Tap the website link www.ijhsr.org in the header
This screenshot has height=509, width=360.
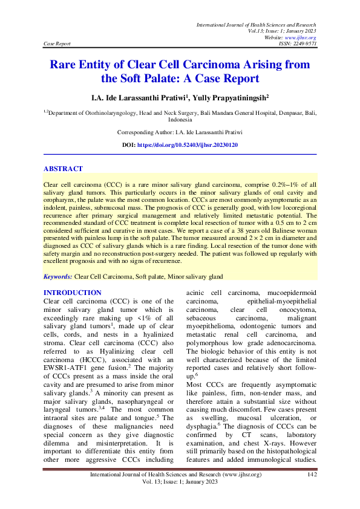coord(304,37)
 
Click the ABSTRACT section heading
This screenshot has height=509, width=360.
coord(64,169)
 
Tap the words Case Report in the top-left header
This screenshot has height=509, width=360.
coord(57,44)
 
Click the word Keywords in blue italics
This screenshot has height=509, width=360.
coord(57,276)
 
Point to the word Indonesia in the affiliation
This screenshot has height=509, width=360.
coord(180,120)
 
